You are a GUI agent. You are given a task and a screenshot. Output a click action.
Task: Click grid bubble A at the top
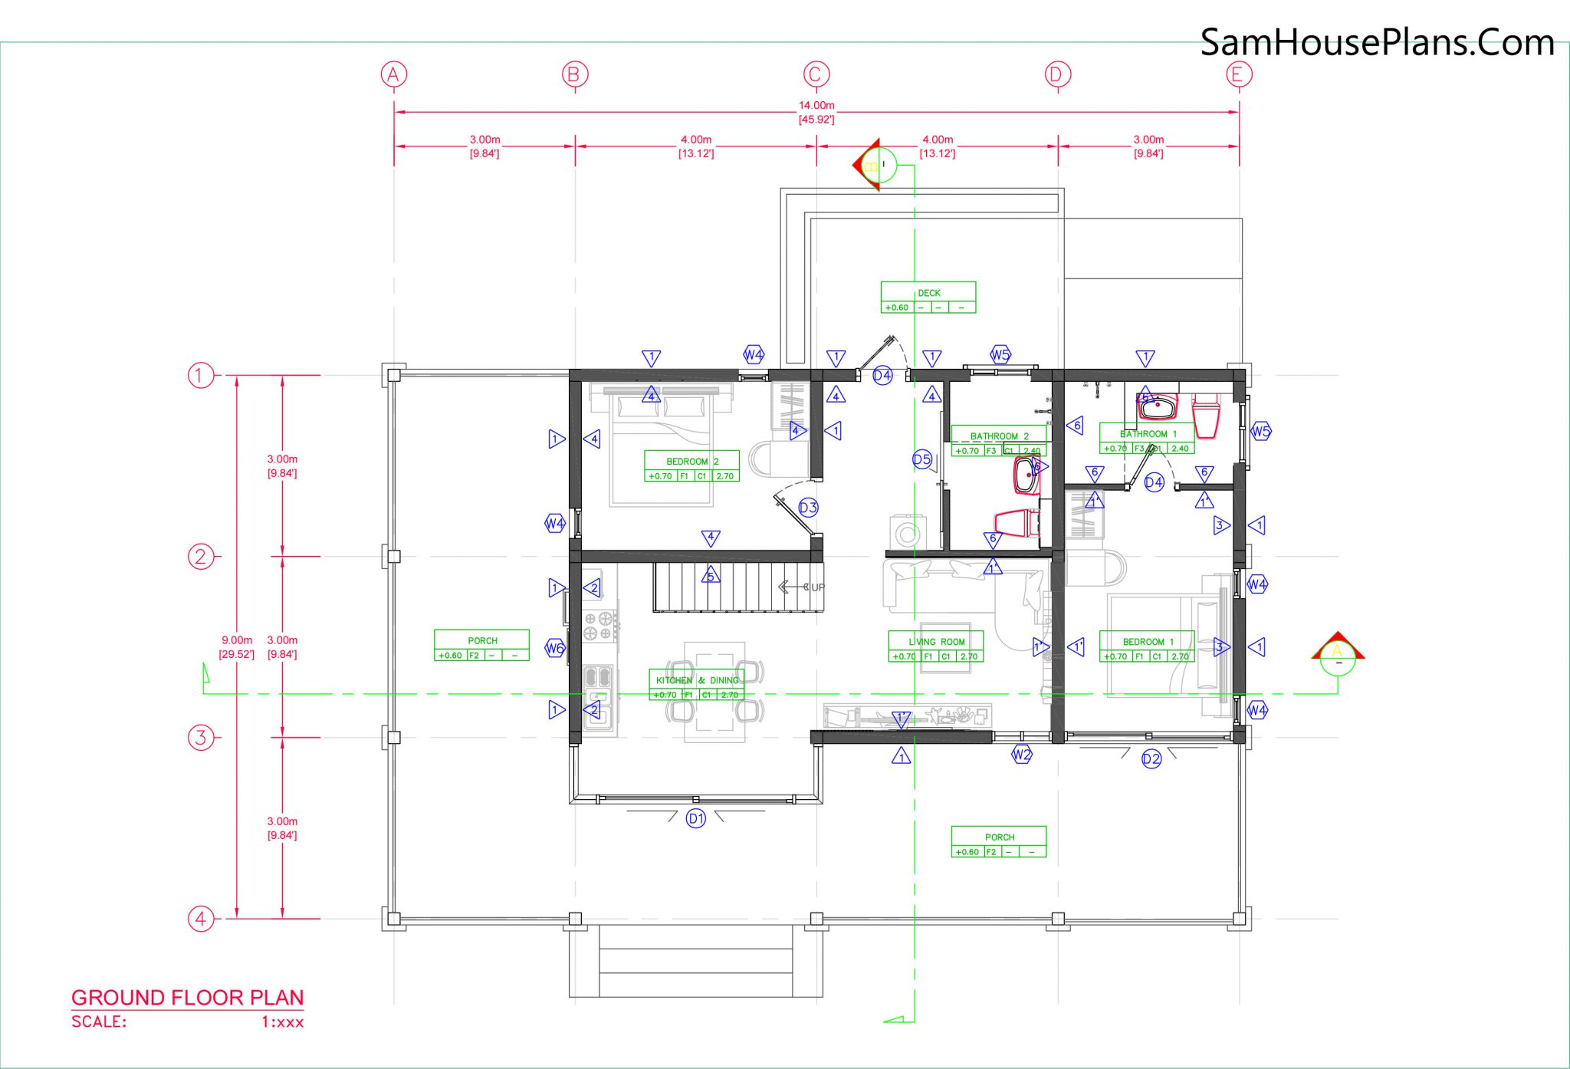pyautogui.click(x=394, y=74)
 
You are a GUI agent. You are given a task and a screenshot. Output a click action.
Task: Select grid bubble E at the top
pyautogui.click(x=1239, y=74)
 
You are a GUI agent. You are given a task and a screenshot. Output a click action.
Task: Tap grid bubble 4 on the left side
pyautogui.click(x=200, y=918)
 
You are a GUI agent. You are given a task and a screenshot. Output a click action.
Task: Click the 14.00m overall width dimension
pyautogui.click(x=816, y=106)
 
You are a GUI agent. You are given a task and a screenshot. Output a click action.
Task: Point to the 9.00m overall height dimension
pyautogui.click(x=237, y=640)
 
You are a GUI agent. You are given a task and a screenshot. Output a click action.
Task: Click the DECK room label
pyautogui.click(x=928, y=293)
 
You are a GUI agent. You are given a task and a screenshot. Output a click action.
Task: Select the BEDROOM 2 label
pyautogui.click(x=692, y=462)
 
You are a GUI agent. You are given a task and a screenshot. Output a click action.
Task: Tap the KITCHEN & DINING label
pyautogui.click(x=697, y=680)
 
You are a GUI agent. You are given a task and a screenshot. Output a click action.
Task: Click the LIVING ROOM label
pyautogui.click(x=936, y=642)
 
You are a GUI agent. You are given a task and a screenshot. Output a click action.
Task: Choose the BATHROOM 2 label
pyautogui.click(x=999, y=436)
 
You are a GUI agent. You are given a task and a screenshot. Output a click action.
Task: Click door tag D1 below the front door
pyautogui.click(x=696, y=818)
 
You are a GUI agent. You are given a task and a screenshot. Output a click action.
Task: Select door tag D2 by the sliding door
pyautogui.click(x=1151, y=759)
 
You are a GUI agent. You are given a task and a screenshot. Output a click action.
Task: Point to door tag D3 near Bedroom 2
pyautogui.click(x=808, y=507)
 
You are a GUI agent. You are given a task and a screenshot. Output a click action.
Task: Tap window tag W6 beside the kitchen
pyautogui.click(x=555, y=648)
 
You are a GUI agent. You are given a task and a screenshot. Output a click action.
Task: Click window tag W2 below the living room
pyautogui.click(x=1021, y=755)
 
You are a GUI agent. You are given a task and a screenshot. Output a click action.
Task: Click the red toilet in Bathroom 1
pyautogui.click(x=1206, y=417)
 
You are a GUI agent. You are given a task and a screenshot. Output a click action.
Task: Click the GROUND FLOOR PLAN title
pyautogui.click(x=188, y=998)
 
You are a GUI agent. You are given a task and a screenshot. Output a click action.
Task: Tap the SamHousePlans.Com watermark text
pyautogui.click(x=1377, y=42)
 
